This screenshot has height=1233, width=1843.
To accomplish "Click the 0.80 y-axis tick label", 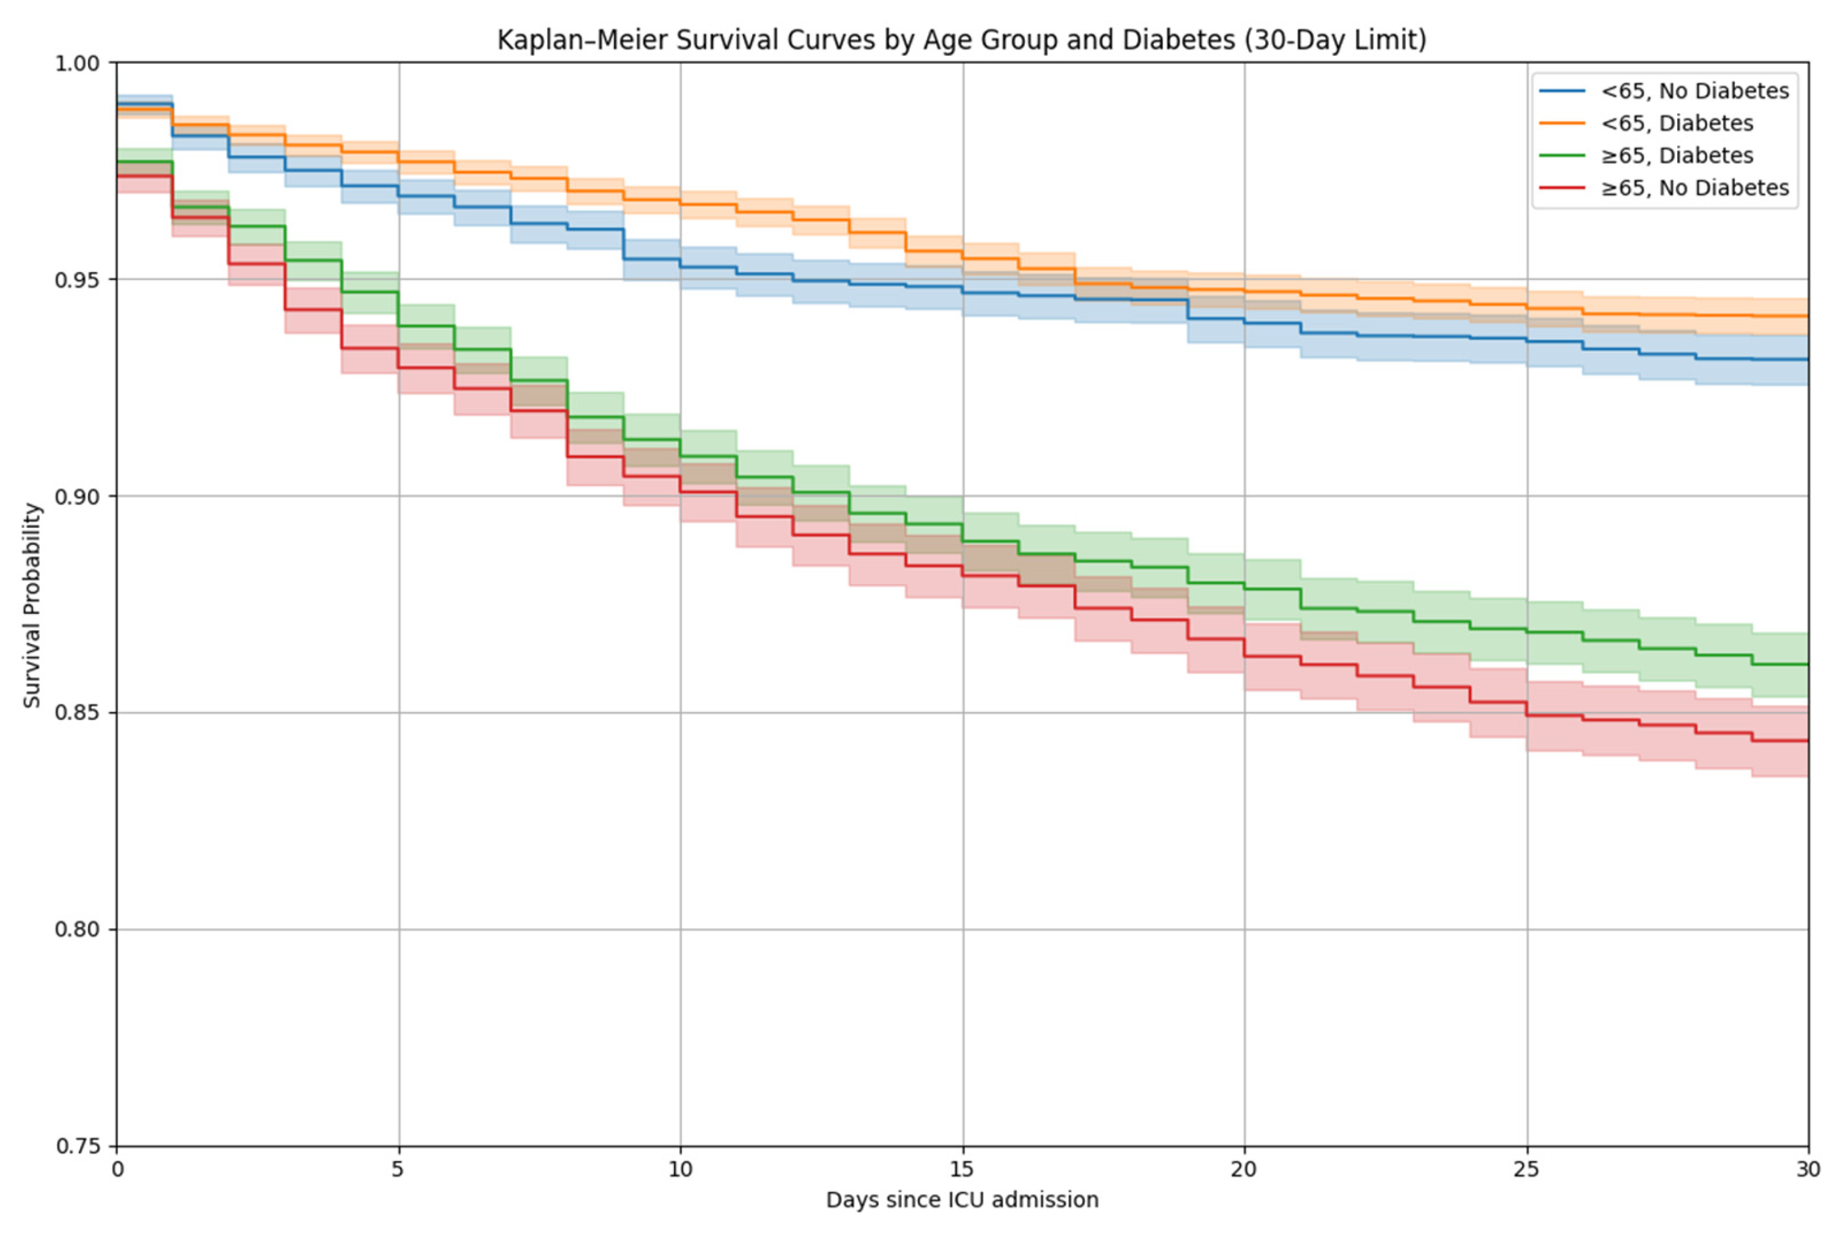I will (x=79, y=930).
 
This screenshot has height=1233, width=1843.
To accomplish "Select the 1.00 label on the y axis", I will (x=79, y=63).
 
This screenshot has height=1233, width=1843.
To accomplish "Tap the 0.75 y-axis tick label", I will (x=79, y=1146).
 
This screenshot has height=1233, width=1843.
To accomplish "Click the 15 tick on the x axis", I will (x=962, y=1169).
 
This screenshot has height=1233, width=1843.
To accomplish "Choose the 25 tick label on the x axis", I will (x=1527, y=1169).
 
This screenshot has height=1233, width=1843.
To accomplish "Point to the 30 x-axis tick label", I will (x=1808, y=1169).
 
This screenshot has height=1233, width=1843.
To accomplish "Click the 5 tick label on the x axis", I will (x=399, y=1169).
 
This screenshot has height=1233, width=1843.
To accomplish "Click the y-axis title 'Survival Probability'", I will (x=31, y=605).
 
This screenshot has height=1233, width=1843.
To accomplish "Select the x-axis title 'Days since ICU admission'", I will (x=962, y=1200).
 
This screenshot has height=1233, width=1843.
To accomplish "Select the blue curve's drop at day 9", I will (x=624, y=244).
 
